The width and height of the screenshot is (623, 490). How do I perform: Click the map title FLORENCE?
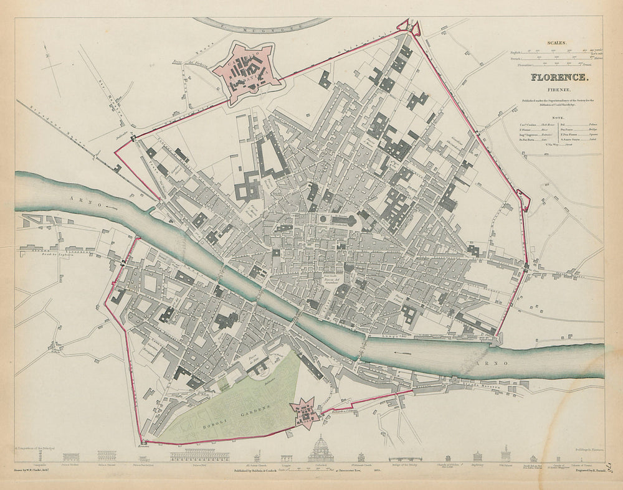pos(559,78)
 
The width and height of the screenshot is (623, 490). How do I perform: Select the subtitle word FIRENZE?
pos(559,89)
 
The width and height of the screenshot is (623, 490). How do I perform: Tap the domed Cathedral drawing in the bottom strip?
pos(321,450)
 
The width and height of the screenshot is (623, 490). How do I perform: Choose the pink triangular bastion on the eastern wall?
pos(524,200)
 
